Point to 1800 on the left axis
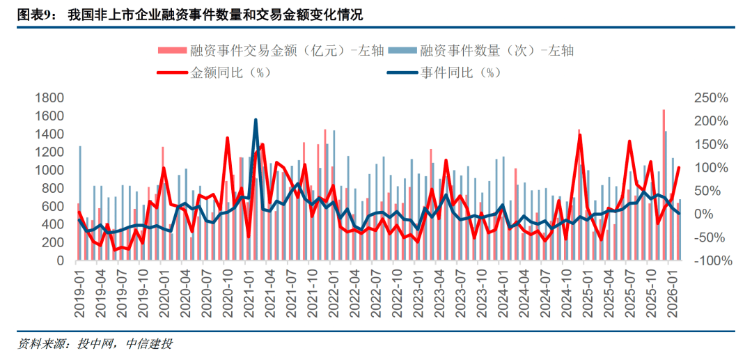49,97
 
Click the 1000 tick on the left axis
49,170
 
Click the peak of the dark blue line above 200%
256,120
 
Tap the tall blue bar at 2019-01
80,202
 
